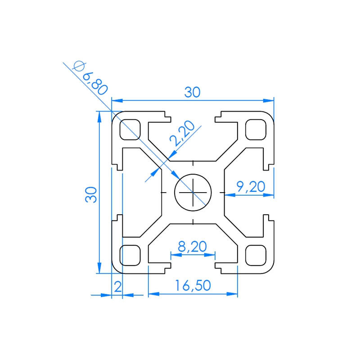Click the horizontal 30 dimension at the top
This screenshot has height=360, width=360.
click(192, 92)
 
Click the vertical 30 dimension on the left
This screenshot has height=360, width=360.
click(91, 194)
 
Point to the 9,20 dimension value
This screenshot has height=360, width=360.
click(251, 186)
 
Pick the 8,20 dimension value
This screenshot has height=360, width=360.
click(192, 246)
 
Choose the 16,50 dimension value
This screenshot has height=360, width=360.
click(193, 286)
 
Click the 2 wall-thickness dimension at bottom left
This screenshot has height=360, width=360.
click(117, 286)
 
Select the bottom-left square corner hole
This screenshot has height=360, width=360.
click(130, 255)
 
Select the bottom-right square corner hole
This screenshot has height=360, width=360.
click(255, 255)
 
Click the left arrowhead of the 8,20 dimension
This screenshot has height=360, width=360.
click(175, 255)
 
